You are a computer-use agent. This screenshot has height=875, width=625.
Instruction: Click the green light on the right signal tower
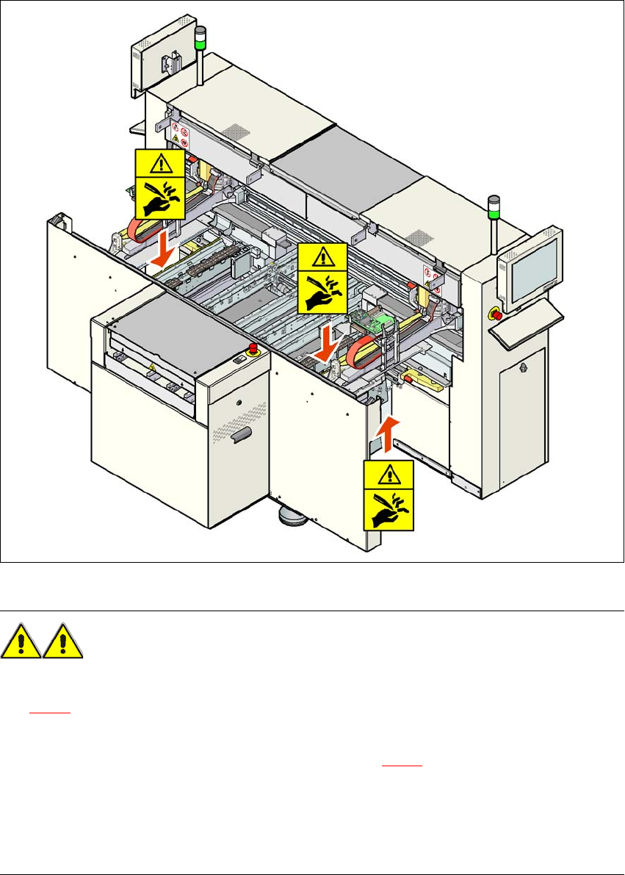pos(495,215)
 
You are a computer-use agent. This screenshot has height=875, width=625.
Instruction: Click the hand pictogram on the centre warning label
pos(320,292)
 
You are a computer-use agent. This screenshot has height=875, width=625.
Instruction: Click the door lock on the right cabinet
pos(522,366)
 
